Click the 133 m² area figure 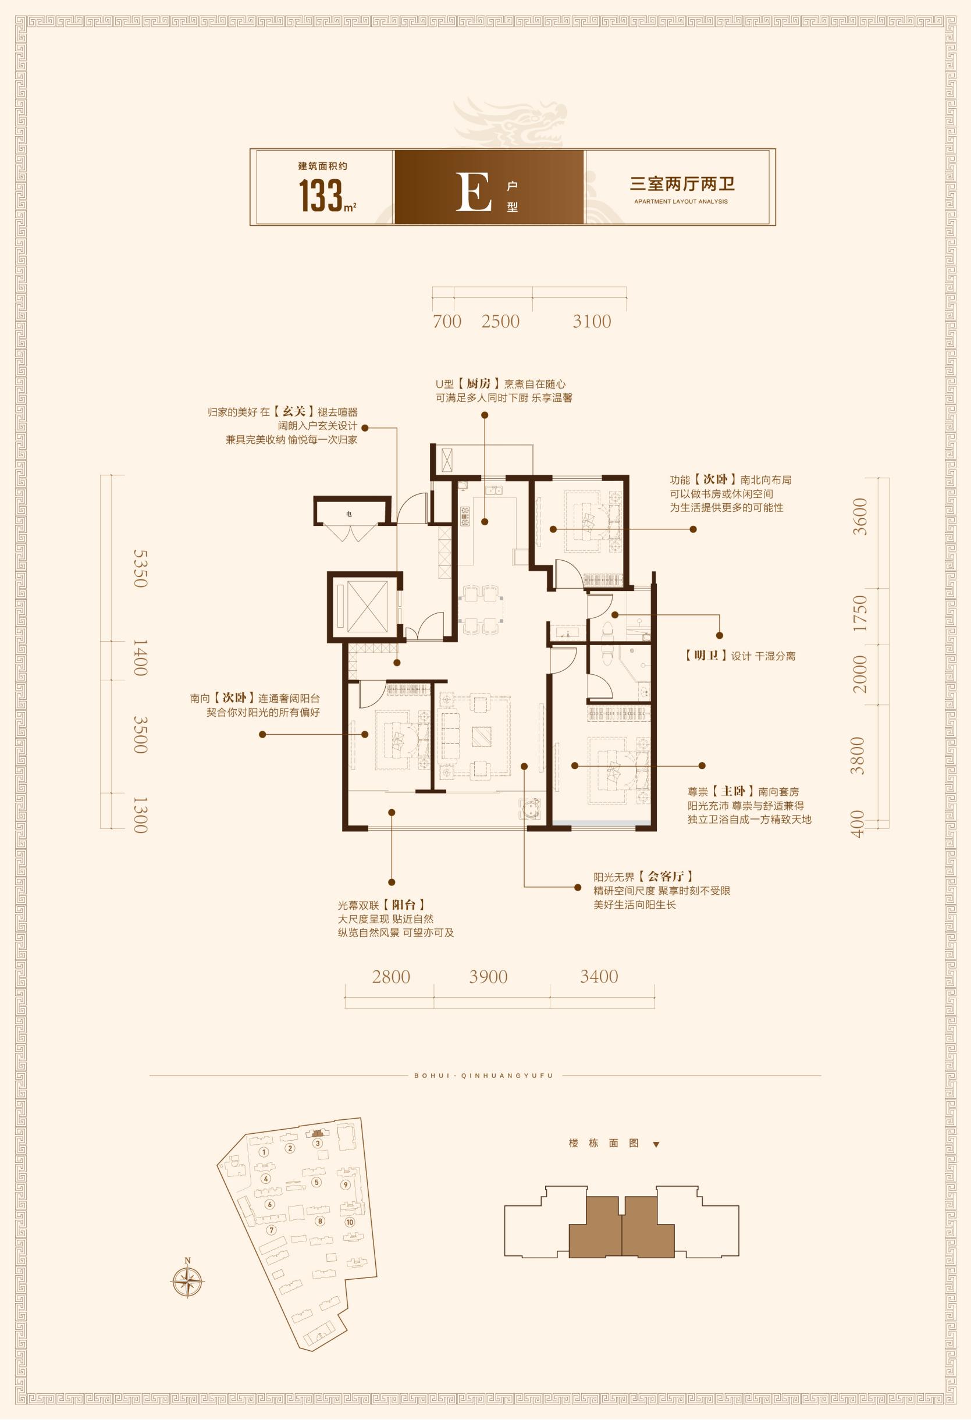(327, 195)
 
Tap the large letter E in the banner (474, 192)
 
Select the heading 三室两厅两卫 (682, 184)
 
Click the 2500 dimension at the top (500, 321)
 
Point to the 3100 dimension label (592, 321)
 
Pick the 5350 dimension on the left (141, 568)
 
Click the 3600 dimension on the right (860, 517)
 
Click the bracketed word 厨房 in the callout (479, 384)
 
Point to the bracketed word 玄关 (294, 411)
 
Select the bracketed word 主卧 (734, 791)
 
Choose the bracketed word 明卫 (706, 656)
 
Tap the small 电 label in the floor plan (349, 514)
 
